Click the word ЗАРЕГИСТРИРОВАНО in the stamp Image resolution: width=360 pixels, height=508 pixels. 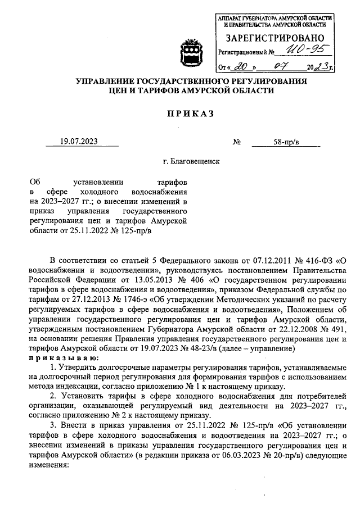[274, 38]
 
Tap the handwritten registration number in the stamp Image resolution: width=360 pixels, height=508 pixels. [297, 52]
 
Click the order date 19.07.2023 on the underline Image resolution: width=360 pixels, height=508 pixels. [79, 142]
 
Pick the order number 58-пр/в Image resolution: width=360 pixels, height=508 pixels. [285, 142]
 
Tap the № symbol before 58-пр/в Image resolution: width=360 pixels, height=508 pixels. [236, 142]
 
